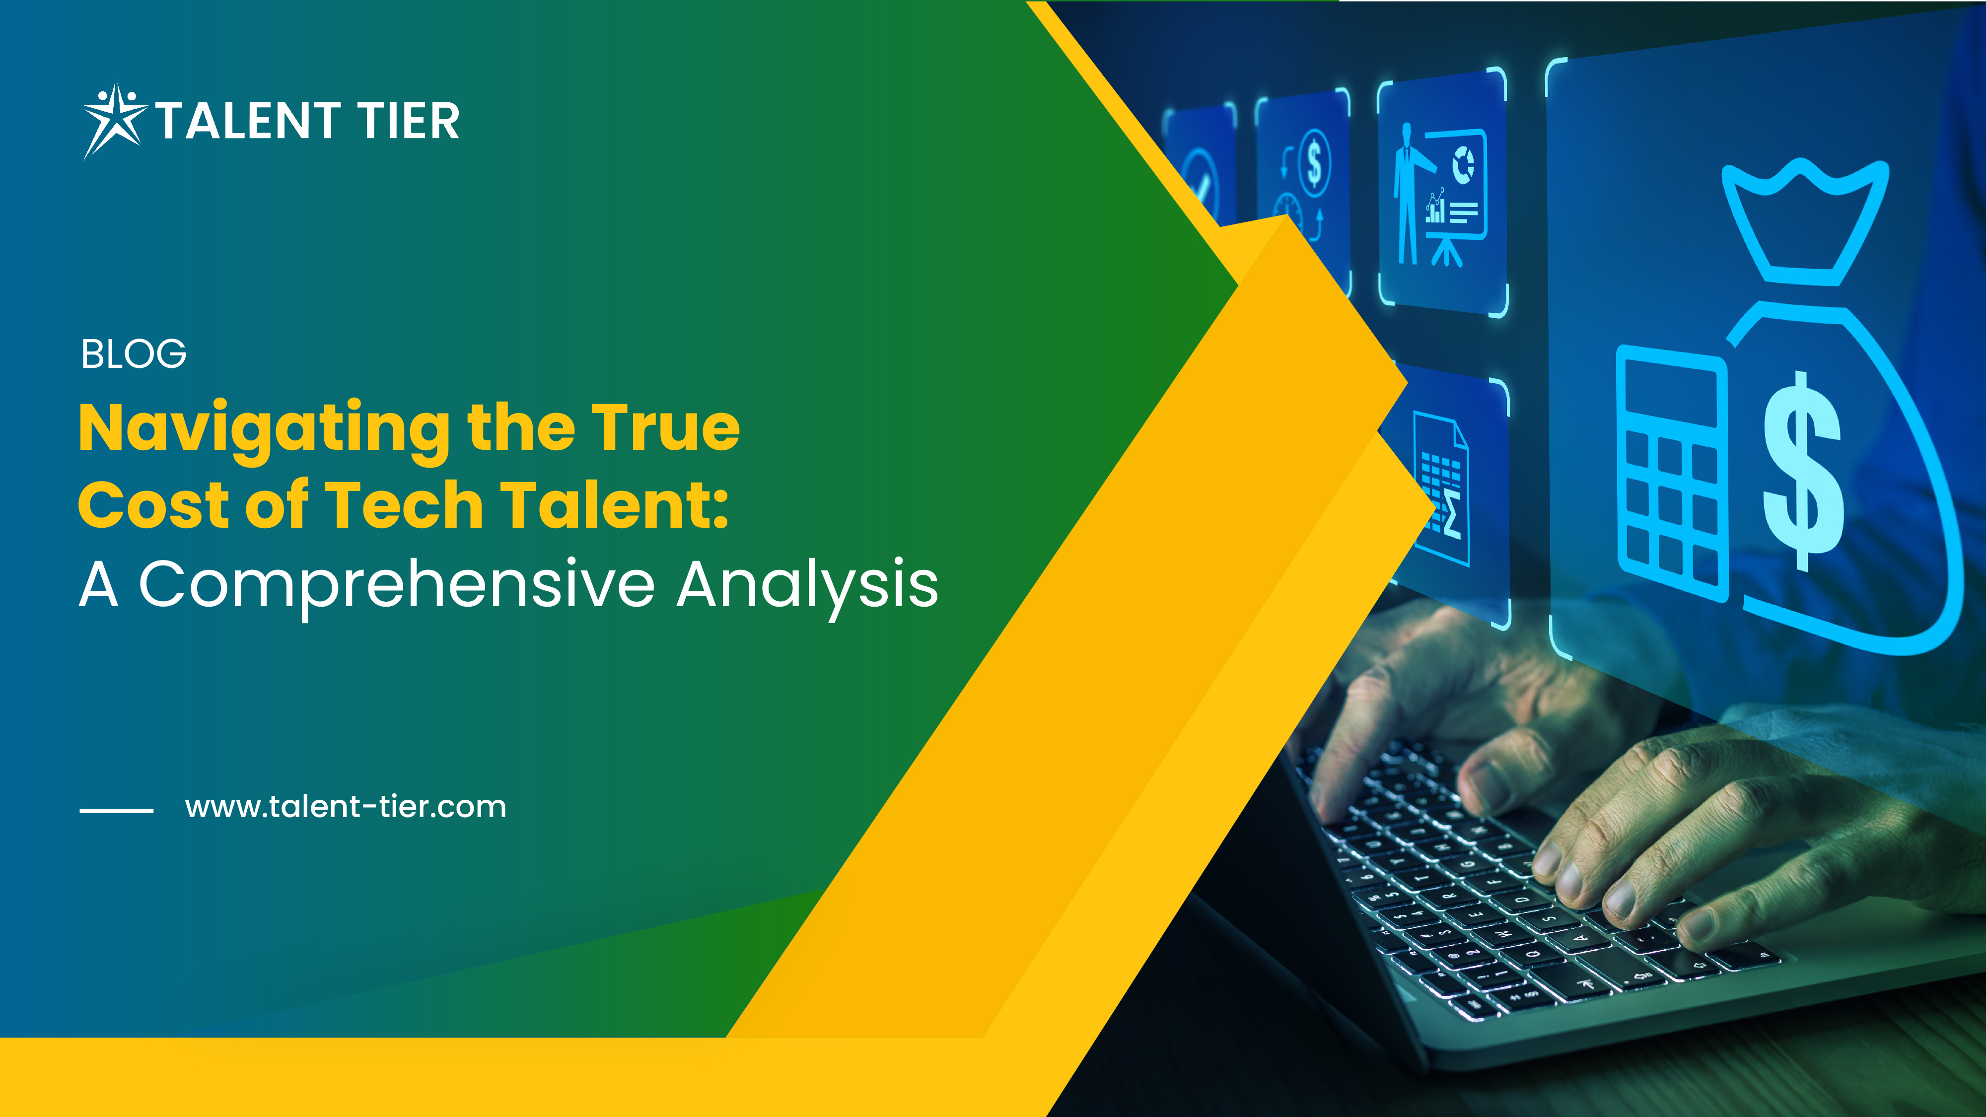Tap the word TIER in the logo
[409, 121]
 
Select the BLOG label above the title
[134, 354]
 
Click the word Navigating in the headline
[265, 430]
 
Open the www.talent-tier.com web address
[346, 807]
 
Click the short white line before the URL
[116, 810]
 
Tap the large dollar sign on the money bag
[1803, 470]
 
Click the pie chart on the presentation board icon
[1463, 165]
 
